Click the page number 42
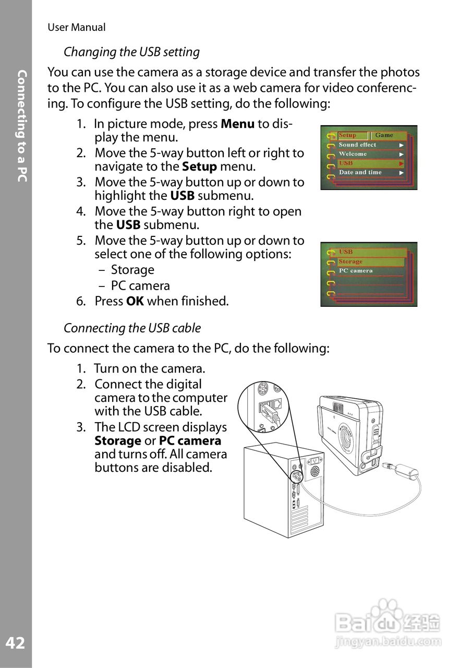tap(15, 643)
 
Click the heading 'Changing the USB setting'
tap(131, 52)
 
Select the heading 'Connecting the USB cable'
tap(132, 328)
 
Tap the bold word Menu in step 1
tap(238, 124)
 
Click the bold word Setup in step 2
tap(199, 167)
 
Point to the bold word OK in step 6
tap(135, 301)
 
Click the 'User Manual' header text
tap(76, 28)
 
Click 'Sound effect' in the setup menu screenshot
tap(357, 145)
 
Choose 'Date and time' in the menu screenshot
tap(360, 172)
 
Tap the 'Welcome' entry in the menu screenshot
tap(353, 154)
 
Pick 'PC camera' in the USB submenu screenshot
tap(356, 271)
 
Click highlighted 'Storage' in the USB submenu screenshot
tap(351, 261)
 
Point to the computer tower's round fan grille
tap(314, 471)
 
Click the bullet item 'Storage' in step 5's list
tap(132, 270)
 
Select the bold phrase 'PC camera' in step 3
tap(190, 441)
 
